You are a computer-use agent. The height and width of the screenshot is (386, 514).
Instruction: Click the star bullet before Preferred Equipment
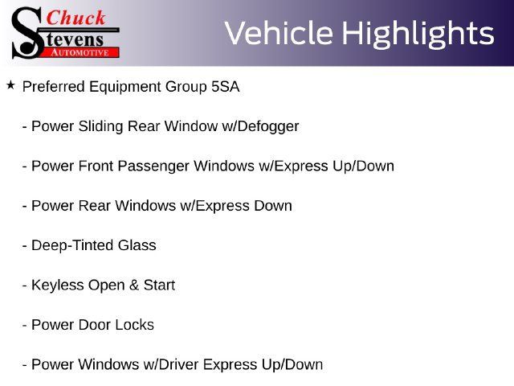tap(10, 85)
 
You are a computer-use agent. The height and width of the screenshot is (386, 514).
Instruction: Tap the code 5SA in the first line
tap(225, 87)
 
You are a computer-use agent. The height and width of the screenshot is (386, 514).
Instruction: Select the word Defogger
tap(268, 127)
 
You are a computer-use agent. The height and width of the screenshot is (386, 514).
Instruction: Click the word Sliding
tap(100, 127)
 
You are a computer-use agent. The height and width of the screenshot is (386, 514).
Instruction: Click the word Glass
tap(137, 245)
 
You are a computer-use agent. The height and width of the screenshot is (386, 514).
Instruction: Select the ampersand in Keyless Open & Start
tap(134, 285)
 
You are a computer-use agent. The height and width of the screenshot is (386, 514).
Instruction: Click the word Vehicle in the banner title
tap(279, 33)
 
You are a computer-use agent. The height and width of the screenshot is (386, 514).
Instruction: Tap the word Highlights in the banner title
tap(418, 34)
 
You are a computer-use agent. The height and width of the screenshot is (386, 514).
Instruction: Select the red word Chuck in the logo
tap(76, 18)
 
